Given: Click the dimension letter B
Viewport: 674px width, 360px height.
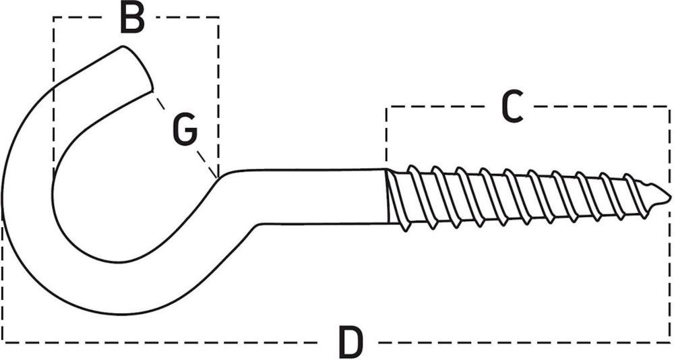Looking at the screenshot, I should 132,18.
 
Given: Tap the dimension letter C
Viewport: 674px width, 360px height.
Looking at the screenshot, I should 512,107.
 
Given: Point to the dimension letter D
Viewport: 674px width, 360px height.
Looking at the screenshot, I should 350,342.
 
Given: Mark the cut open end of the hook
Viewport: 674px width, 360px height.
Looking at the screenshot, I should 137,67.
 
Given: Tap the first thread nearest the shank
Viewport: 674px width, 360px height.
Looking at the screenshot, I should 398,200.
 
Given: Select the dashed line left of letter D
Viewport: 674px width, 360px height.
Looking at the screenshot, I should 168,342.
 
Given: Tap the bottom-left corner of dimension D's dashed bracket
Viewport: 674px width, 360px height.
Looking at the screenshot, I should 3,342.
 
